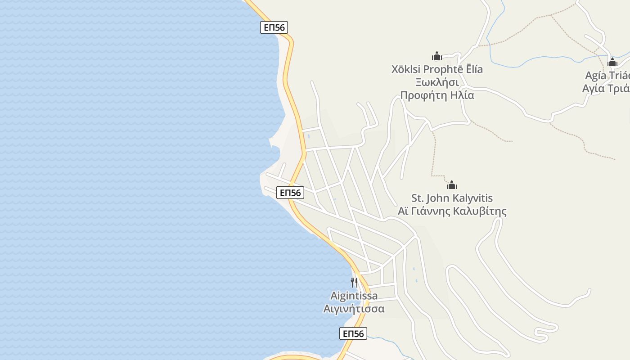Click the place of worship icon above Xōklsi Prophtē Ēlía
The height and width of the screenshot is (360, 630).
click(436, 56)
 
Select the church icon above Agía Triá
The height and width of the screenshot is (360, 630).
click(612, 62)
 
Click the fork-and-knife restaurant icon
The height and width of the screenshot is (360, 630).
click(354, 282)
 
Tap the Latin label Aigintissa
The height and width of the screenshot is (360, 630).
click(354, 296)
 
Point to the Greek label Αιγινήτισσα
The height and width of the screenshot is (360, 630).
click(354, 309)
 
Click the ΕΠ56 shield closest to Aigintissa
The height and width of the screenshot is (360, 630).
click(353, 333)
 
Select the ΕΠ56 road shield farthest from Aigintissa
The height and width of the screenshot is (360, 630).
click(274, 27)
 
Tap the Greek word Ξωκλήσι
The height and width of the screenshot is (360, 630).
click(437, 82)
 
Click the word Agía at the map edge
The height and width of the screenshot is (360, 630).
click(595, 75)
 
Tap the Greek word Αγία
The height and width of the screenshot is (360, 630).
click(593, 88)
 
